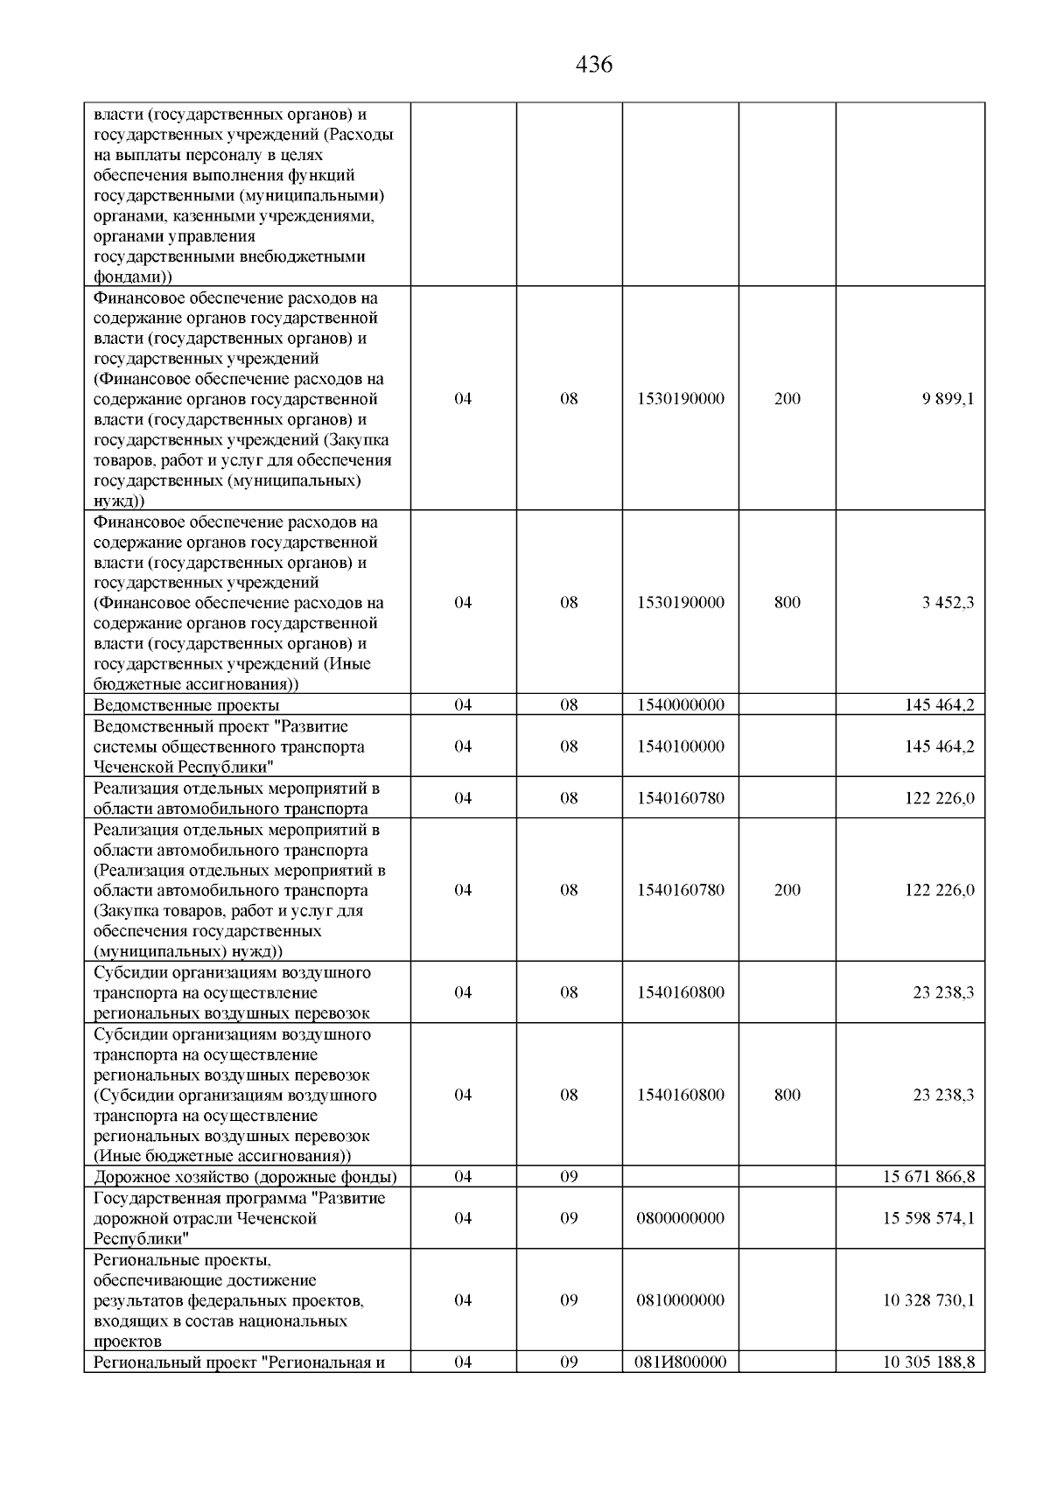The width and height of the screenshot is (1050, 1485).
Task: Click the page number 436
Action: tap(594, 65)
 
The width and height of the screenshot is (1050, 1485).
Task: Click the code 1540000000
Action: tap(680, 705)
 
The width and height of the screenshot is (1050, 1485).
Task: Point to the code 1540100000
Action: tap(680, 746)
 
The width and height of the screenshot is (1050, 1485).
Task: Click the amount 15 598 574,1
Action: tap(928, 1218)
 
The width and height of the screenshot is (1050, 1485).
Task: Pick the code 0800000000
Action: tap(680, 1218)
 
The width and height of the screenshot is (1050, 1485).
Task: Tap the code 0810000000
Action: tap(680, 1300)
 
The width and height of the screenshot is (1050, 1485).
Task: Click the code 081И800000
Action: tap(680, 1362)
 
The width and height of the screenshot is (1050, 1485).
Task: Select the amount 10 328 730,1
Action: tap(928, 1300)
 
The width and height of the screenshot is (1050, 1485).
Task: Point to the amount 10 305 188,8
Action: tap(928, 1362)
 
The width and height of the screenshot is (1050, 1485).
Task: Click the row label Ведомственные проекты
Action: tap(186, 705)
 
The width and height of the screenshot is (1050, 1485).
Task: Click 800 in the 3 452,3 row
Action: tap(787, 603)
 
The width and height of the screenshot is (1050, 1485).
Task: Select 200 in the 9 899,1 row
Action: tap(787, 399)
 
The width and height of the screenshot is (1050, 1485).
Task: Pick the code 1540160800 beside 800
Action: tap(680, 1095)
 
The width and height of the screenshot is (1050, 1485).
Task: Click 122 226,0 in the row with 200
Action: tap(939, 890)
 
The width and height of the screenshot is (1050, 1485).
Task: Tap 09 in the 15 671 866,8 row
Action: tap(569, 1177)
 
